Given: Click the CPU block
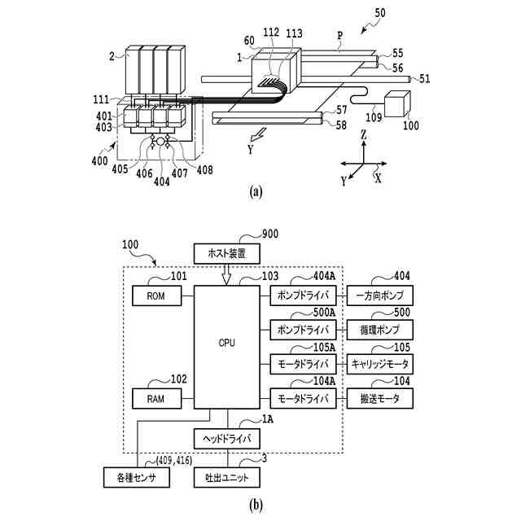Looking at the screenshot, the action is tap(227, 347).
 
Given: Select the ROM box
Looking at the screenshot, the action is tap(157, 296).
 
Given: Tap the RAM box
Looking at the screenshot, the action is tap(157, 398).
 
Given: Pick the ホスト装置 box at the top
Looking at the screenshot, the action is tap(227, 254).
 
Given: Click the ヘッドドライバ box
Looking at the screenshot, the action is tap(227, 439).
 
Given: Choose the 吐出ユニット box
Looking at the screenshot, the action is tap(227, 478).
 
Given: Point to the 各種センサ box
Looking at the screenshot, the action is tap(137, 478).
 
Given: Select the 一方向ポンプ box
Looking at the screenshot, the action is tap(380, 296).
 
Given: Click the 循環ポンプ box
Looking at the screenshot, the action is tap(380, 330).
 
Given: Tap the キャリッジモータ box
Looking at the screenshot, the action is tap(380, 364).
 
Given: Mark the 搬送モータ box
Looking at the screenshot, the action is tap(380, 398).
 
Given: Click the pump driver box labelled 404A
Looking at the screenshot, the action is tap(303, 296).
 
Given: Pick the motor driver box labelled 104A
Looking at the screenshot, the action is tap(303, 398).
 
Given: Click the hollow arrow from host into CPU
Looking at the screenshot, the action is tap(226, 275).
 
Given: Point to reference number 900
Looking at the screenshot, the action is tap(270, 234).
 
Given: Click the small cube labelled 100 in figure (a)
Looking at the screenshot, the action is tap(397, 103).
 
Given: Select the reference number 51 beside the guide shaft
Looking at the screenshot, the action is tap(424, 79).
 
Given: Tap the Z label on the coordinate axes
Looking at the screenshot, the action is tap(364, 134).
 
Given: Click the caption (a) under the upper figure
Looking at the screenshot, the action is tap(256, 192).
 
